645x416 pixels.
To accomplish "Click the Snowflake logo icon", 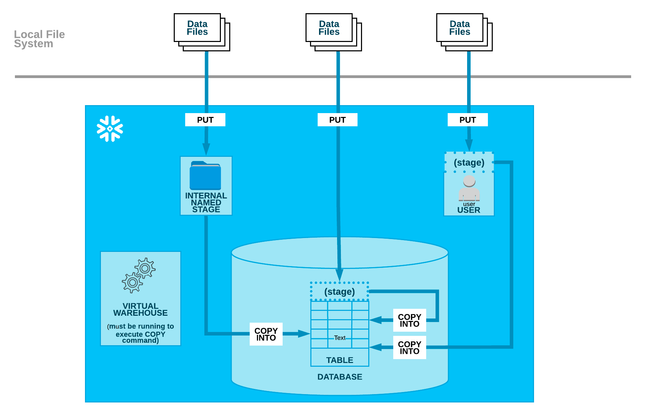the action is click(x=110, y=129).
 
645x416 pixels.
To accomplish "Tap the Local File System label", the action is click(x=39, y=39).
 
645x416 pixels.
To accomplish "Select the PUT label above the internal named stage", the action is click(x=205, y=120).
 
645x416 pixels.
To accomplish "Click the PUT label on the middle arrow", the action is click(x=337, y=120).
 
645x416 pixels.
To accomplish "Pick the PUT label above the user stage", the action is click(x=468, y=120).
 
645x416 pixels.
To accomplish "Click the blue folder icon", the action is click(x=205, y=175).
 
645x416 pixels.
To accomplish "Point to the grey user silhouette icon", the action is click(x=469, y=188).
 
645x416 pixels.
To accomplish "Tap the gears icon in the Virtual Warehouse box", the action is click(x=139, y=275).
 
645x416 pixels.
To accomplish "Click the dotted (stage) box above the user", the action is click(x=469, y=162).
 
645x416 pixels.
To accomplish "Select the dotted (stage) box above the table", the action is click(x=339, y=291).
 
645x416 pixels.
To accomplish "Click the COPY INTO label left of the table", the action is click(x=266, y=334).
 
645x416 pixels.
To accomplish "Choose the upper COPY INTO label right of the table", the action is click(x=410, y=320).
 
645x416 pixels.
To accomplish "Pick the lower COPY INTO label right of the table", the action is click(x=410, y=347).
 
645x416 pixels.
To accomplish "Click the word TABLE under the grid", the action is click(x=340, y=360).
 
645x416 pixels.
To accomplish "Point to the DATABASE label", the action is click(x=340, y=377).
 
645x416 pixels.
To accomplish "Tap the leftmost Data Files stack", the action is click(x=202, y=32).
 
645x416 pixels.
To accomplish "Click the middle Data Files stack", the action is click(x=334, y=32).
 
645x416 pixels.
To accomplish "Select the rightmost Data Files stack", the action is click(x=464, y=32).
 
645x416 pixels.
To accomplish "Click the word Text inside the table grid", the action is click(x=340, y=338).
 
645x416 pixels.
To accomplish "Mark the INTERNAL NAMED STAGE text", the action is click(x=206, y=203).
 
